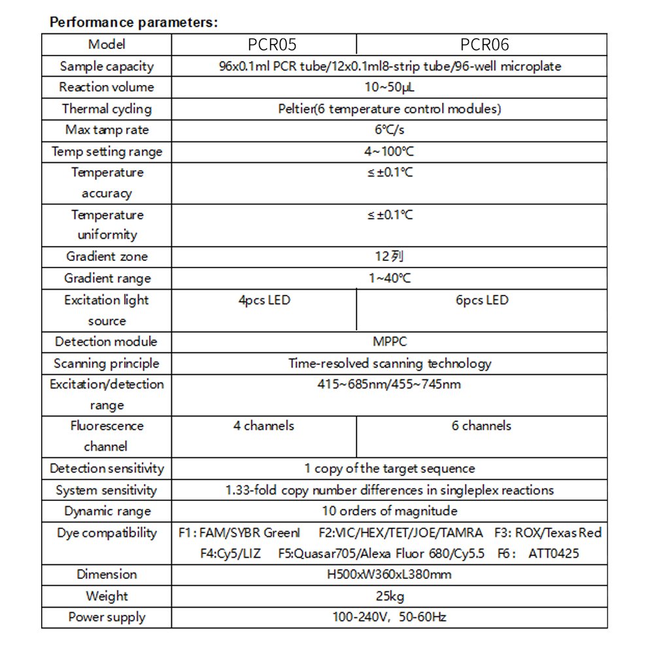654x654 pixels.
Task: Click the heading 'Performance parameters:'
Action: click(x=134, y=22)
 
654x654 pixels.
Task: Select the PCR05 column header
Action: click(x=272, y=44)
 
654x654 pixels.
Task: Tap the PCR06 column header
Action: click(x=484, y=44)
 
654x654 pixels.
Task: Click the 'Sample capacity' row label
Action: click(x=107, y=66)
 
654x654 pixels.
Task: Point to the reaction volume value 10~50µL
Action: click(x=390, y=87)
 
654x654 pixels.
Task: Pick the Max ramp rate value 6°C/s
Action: click(x=390, y=129)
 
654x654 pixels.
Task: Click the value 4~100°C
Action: click(x=390, y=151)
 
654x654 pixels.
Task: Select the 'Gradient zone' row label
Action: click(x=107, y=256)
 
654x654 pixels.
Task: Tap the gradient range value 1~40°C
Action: click(x=390, y=278)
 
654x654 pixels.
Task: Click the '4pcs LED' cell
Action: click(x=264, y=300)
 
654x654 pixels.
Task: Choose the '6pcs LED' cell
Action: click(x=482, y=300)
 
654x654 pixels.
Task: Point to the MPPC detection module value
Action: click(x=390, y=341)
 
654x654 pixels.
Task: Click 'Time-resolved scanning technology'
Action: click(x=390, y=363)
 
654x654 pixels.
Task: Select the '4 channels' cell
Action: click(x=264, y=426)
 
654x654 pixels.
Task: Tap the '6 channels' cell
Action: click(x=481, y=426)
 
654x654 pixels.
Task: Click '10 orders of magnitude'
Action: click(x=390, y=511)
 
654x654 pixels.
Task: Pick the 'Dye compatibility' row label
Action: click(x=107, y=532)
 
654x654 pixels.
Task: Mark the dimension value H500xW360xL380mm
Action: click(x=390, y=574)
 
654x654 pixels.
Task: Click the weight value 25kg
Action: click(x=390, y=596)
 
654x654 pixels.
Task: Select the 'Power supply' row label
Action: click(x=107, y=617)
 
